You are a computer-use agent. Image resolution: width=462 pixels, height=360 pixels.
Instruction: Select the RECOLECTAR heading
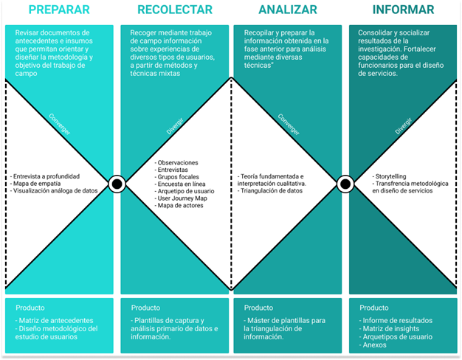pos(174,10)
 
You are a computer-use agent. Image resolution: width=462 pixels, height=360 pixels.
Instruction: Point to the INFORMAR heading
pos(403,10)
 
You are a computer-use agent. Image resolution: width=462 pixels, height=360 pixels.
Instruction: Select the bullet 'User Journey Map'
pos(183,198)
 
